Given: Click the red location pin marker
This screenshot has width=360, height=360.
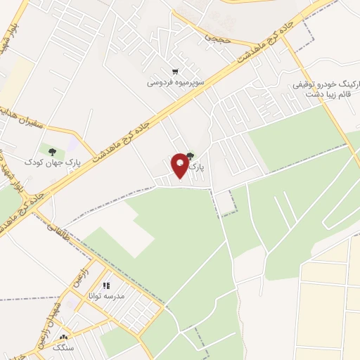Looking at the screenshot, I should [x=181, y=166].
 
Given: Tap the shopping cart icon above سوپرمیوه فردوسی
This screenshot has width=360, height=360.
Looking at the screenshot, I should [x=174, y=72].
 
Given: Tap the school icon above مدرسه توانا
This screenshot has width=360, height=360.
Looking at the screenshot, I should [x=106, y=286].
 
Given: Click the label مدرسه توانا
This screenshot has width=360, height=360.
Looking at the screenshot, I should [x=109, y=297].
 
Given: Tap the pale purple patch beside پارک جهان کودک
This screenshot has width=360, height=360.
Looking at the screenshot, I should [x=73, y=143].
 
